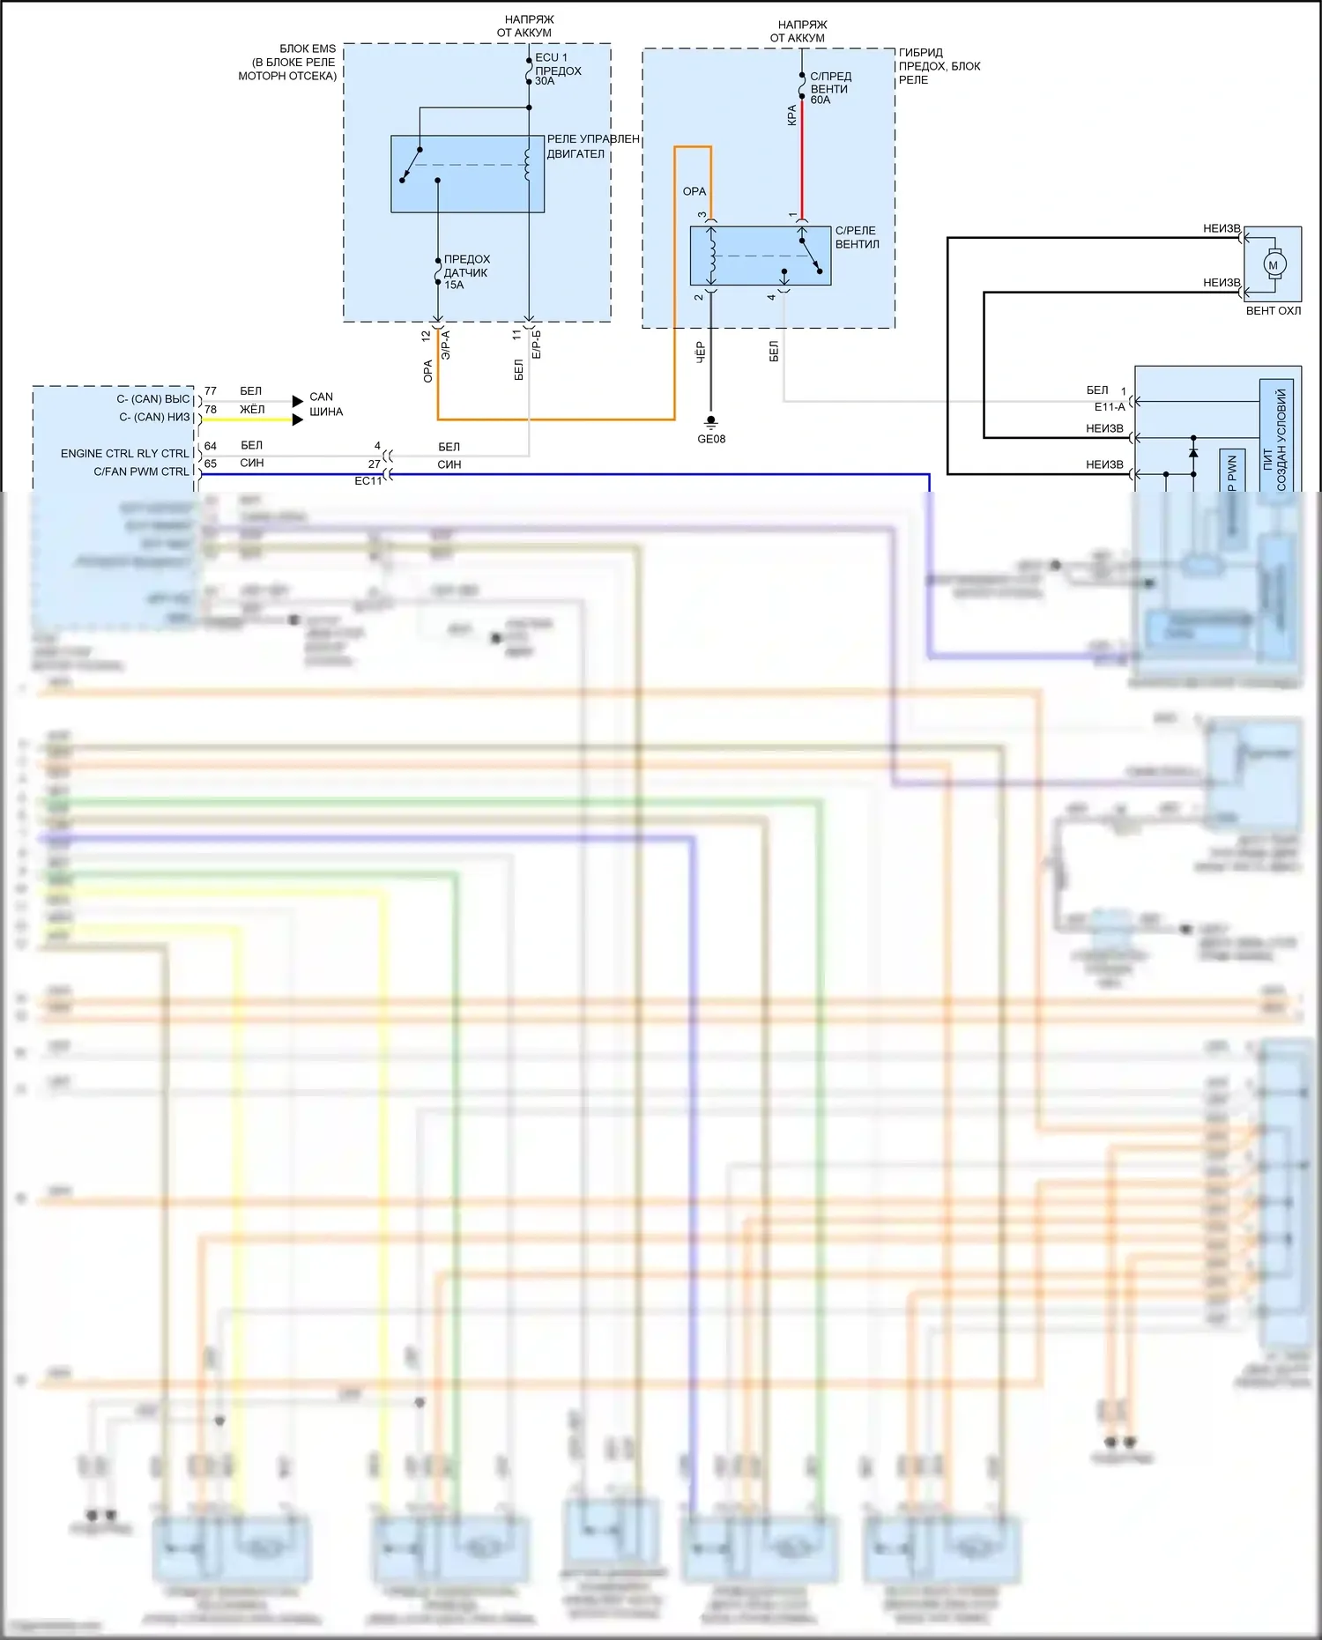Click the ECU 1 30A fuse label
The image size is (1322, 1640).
click(x=557, y=70)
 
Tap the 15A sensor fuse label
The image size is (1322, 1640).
click(x=465, y=272)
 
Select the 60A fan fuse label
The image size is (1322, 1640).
click(x=830, y=88)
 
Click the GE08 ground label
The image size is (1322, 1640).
click(x=711, y=439)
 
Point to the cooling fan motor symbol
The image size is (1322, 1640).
click(x=1273, y=264)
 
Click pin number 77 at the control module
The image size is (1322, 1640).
click(x=211, y=390)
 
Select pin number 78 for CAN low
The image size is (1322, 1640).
click(x=211, y=410)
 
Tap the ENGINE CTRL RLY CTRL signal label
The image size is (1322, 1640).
click(x=125, y=454)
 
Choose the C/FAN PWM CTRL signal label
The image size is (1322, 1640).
click(x=141, y=471)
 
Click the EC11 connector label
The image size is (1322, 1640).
click(x=368, y=481)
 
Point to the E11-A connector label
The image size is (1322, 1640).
click(x=1110, y=407)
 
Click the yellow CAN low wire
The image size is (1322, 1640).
click(x=247, y=419)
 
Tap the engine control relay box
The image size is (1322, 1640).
click(x=467, y=174)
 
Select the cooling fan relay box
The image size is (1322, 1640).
click(x=760, y=256)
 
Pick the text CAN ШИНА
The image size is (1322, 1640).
click(x=325, y=404)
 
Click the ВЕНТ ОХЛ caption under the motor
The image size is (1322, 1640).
click(x=1273, y=311)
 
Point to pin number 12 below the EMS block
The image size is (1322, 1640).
click(x=427, y=336)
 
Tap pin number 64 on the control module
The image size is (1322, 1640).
click(x=211, y=446)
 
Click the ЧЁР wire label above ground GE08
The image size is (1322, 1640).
click(x=701, y=352)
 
